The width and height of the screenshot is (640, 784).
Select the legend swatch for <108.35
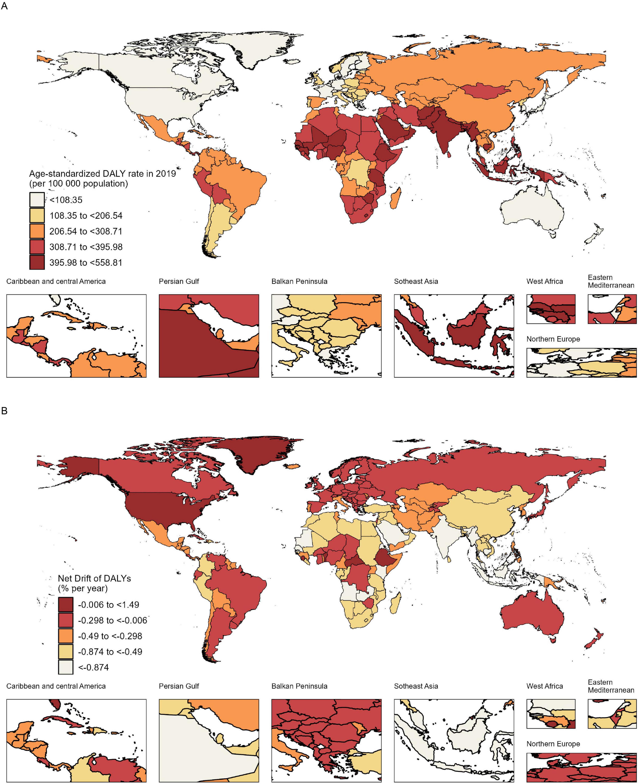[37, 199]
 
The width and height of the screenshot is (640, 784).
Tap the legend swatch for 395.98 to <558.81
[37, 262]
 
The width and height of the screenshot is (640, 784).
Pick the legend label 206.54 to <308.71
[86, 231]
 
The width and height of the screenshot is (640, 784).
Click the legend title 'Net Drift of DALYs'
[94, 578]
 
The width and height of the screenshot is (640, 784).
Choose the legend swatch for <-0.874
[66, 667]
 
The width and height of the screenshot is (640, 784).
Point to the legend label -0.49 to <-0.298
[110, 636]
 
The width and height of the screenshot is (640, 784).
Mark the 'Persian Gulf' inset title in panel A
[179, 281]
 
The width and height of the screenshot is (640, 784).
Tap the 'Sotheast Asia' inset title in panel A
[416, 281]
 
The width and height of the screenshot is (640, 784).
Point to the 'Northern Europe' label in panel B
[553, 744]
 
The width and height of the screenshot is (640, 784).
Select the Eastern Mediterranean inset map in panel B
[612, 714]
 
